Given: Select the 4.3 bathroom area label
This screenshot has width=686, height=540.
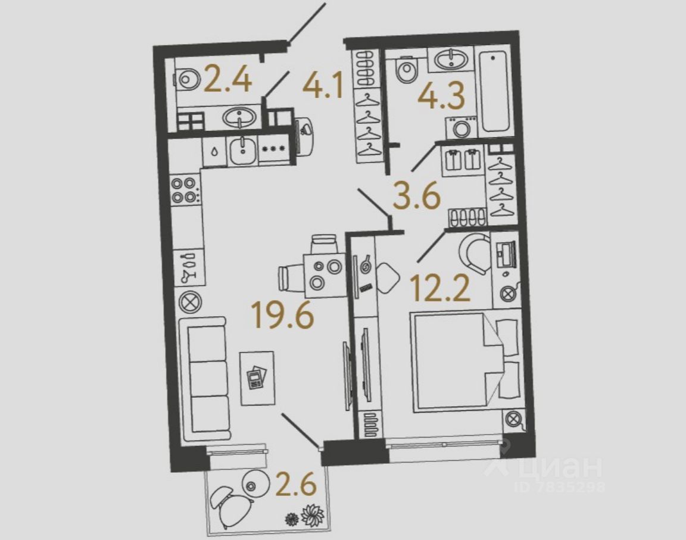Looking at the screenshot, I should coord(441,95).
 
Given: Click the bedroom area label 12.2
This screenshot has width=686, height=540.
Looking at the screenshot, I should coord(440,289).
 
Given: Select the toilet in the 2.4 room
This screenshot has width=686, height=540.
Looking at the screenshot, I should coord(188,79).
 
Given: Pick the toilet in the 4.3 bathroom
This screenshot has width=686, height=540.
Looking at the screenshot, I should coord(407,70).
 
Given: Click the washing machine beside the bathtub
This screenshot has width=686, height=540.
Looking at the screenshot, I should coord(460,127).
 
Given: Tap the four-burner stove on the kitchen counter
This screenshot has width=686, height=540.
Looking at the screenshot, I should coord(185,190).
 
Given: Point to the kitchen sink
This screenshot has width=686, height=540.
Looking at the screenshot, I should coord(242,151).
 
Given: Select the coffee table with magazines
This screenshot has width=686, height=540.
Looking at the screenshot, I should coord(257,379).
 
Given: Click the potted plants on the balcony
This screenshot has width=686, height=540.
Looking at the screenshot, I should coord(305,515).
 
